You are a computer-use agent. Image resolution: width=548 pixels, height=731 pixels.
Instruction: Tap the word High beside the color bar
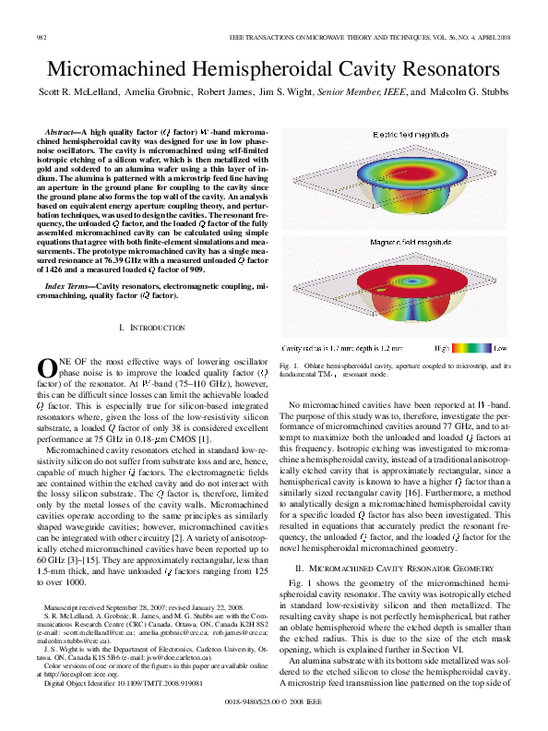tap(442, 348)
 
